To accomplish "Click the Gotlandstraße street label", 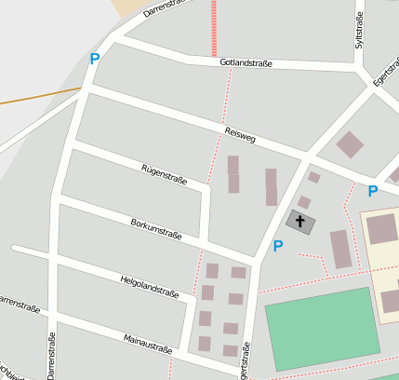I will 246,63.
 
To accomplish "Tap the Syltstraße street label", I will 359,31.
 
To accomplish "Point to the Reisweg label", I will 239,137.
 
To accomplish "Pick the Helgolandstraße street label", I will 149,286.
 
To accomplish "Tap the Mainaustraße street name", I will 148,343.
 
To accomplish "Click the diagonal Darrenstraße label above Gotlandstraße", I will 165,9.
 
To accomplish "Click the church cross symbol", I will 299,222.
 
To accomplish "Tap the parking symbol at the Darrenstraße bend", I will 94,59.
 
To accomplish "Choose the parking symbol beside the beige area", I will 373,191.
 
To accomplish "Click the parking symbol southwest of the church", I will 277,246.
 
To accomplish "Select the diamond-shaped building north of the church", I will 350,144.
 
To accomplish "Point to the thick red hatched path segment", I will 213,28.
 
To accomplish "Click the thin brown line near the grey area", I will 37,96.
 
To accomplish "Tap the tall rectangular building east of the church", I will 341,249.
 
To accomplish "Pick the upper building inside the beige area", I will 382,229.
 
